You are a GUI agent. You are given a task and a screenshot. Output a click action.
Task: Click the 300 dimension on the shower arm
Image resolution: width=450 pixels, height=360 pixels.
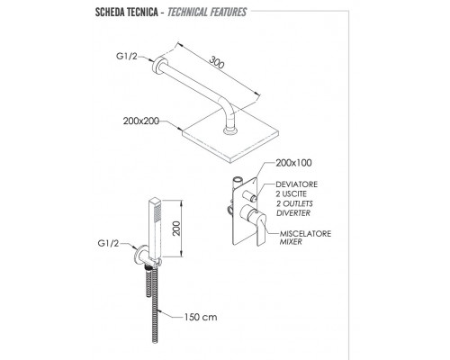point(217,62)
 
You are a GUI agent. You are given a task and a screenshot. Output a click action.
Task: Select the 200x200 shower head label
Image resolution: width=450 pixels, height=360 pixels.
point(141,121)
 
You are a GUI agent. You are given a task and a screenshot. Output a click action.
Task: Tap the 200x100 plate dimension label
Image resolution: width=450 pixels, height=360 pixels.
point(293,163)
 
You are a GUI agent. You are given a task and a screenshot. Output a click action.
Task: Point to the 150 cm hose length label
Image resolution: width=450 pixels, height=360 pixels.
point(201,317)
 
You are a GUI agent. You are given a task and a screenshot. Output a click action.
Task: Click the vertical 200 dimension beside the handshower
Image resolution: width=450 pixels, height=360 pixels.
point(176,229)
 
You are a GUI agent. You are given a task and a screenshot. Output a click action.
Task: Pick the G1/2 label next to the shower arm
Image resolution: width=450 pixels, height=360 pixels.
point(127,56)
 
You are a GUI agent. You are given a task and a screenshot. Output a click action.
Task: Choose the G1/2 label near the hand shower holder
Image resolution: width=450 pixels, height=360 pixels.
point(108,243)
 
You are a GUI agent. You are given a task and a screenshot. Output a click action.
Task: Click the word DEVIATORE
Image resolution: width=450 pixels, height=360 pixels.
point(296,184)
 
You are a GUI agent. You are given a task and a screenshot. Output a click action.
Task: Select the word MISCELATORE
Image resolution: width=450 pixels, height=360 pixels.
point(305,233)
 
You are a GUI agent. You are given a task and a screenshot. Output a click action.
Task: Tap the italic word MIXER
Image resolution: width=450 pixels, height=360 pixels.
point(291,242)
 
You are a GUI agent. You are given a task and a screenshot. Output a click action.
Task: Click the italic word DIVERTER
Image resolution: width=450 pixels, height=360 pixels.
point(293,213)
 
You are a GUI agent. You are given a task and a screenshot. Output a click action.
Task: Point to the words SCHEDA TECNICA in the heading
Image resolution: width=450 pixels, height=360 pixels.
point(127,13)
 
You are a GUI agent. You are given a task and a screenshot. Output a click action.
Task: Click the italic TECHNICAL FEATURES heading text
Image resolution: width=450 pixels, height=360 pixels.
point(207,13)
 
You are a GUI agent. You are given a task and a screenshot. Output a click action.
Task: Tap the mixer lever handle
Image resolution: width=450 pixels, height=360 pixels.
point(260,229)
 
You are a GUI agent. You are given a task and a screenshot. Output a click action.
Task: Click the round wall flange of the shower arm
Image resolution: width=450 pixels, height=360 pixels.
point(157,65)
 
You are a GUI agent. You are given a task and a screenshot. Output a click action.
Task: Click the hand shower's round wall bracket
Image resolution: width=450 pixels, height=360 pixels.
point(140,255)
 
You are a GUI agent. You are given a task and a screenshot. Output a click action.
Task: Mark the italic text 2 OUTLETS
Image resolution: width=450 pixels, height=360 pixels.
point(294,203)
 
